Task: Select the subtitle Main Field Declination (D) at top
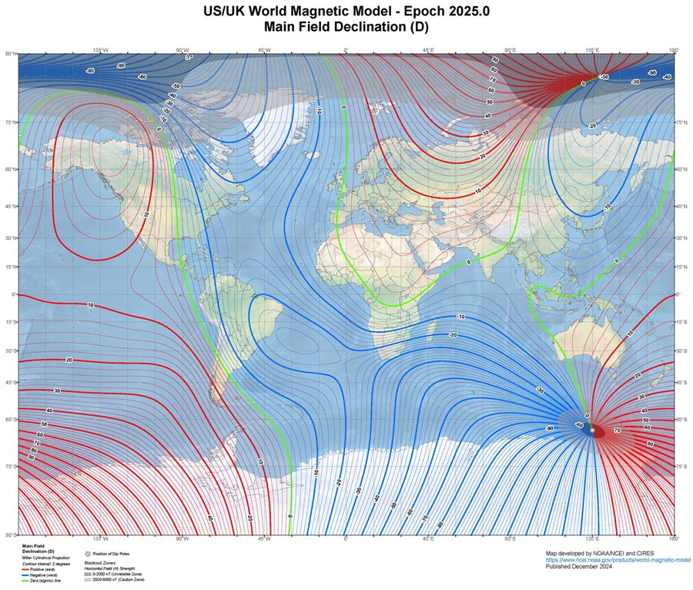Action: click(x=346, y=27)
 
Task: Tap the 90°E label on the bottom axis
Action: click(x=510, y=539)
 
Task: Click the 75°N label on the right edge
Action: click(x=681, y=122)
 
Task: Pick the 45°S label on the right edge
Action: click(x=681, y=383)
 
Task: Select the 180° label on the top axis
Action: click(x=674, y=50)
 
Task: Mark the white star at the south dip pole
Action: click(x=592, y=431)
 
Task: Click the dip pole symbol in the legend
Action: click(x=88, y=554)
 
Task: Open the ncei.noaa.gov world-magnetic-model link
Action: click(x=614, y=560)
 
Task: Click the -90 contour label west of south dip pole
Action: click(x=549, y=428)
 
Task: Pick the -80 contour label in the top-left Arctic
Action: click(x=90, y=71)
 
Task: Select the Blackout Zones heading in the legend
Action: click(x=99, y=563)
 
